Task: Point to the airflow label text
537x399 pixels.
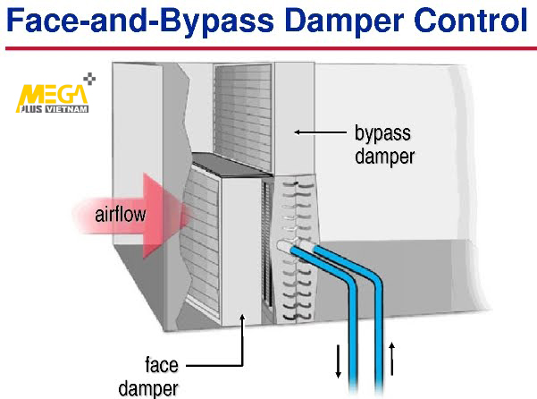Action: coord(121,215)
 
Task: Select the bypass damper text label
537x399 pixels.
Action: coord(384,144)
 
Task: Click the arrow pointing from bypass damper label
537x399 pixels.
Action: coord(320,132)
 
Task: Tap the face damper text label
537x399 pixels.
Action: coord(148,377)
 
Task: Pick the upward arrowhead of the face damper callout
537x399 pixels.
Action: coord(242,317)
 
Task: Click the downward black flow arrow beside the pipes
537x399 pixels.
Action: coord(339,361)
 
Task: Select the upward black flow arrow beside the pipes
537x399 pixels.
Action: coord(392,359)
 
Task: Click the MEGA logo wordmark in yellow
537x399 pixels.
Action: coord(53,95)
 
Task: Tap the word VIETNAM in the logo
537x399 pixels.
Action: coord(67,109)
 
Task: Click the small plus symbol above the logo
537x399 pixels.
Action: coord(89,79)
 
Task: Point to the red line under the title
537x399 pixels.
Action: coord(271,48)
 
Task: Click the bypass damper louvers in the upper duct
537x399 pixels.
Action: coord(244,116)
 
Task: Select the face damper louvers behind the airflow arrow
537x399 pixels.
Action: coord(203,240)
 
